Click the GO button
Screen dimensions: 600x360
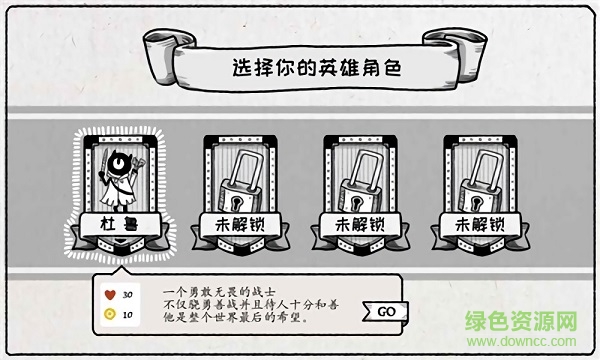[x=386, y=312]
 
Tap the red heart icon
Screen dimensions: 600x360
[x=110, y=295]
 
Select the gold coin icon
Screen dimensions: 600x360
[x=110, y=314]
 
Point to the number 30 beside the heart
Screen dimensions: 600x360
[x=128, y=295]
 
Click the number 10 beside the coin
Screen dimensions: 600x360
[x=127, y=314]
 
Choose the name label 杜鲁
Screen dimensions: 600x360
[x=119, y=224]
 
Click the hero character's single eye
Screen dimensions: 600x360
[x=118, y=163]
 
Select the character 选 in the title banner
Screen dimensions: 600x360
[x=243, y=68]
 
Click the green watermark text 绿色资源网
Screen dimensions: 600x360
[x=521, y=321]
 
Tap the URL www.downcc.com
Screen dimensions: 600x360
[x=521, y=341]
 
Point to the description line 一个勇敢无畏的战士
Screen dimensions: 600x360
[x=219, y=292]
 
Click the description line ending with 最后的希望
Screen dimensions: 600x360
[x=236, y=318]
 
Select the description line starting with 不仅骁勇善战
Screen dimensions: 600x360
[x=251, y=305]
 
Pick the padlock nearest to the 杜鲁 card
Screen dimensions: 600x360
[x=240, y=181]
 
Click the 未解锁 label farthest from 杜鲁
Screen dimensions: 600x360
[x=480, y=225]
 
